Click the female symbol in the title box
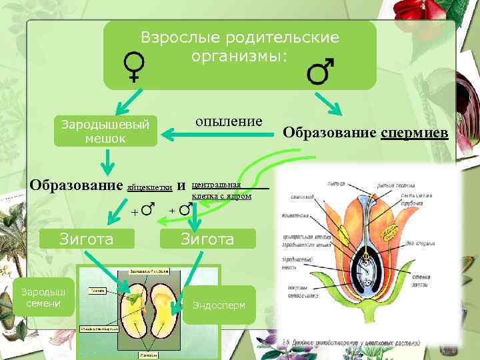(x=134, y=67)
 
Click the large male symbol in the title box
(x=321, y=71)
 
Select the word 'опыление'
(x=229, y=121)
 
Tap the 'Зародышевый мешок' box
(x=105, y=131)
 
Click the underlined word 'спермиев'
(x=415, y=132)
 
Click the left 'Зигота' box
(x=87, y=239)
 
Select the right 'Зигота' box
(x=207, y=239)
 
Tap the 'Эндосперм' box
(x=219, y=305)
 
